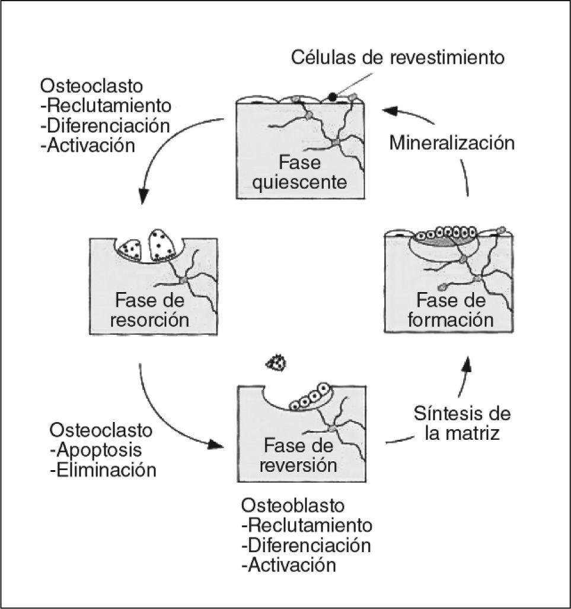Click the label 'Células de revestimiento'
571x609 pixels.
(x=397, y=58)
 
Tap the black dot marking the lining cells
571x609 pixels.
(x=333, y=96)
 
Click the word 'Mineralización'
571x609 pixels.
(x=451, y=143)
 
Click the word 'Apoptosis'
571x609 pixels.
(x=100, y=449)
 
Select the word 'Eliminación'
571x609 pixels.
(x=106, y=470)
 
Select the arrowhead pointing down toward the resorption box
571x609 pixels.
(x=142, y=196)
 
